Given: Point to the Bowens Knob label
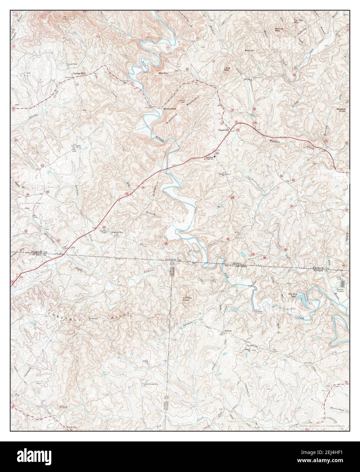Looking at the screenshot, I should (x=341, y=110).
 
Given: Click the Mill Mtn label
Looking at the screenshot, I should (x=163, y=73).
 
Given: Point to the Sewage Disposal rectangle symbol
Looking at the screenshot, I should (x=342, y=282).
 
